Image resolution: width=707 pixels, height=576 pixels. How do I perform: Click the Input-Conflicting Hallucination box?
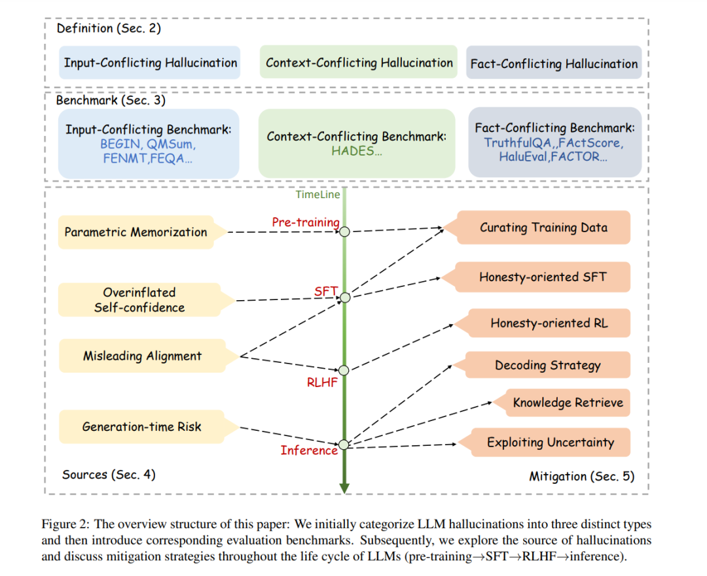tap(150, 63)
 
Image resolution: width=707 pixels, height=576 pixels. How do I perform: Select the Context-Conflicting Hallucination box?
tap(359, 62)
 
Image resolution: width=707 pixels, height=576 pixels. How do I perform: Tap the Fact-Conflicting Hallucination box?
tap(554, 63)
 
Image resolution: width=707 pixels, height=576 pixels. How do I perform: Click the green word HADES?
tap(353, 151)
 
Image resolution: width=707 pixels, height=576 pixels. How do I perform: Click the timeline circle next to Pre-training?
tap(344, 231)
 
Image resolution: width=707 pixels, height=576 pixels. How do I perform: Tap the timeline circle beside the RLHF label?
tap(344, 370)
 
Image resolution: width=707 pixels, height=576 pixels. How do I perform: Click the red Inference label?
tap(309, 450)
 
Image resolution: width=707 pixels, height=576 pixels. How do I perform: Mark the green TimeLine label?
tap(318, 195)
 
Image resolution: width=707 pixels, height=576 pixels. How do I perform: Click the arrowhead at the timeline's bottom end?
tap(344, 489)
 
